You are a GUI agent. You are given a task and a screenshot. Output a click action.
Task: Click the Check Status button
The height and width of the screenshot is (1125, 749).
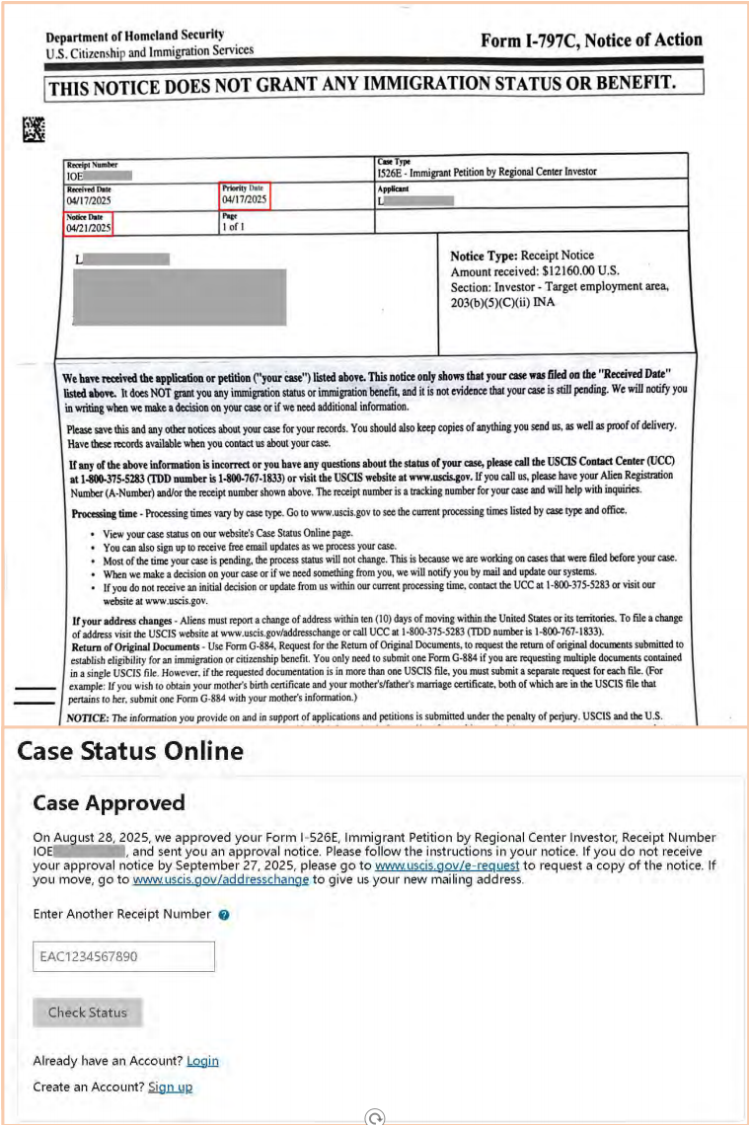87,1012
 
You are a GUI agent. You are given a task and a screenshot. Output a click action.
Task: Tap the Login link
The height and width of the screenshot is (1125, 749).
202,1061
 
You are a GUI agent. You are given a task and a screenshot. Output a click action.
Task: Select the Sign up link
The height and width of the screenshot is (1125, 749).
170,1087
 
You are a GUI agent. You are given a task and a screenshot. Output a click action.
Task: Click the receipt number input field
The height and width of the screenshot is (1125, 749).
123,956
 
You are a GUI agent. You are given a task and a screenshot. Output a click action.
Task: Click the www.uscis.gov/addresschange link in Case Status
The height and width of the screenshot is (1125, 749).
221,879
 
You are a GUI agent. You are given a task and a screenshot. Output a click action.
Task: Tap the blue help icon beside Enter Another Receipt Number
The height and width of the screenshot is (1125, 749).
224,915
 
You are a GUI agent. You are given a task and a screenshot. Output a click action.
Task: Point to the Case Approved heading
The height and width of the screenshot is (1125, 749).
109,802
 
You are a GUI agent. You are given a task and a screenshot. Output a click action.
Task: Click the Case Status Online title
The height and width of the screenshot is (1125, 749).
130,751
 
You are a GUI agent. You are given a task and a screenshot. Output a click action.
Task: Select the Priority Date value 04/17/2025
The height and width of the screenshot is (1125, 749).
244,199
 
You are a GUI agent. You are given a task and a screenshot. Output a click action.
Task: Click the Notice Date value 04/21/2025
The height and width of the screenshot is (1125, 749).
89,228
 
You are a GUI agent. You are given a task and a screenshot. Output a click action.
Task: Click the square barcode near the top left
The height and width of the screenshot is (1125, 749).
35,128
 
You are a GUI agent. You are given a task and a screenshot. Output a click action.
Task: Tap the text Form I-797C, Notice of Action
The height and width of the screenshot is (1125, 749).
591,40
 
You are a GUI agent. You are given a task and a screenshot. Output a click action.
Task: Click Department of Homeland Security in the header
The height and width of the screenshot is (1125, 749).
134,36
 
